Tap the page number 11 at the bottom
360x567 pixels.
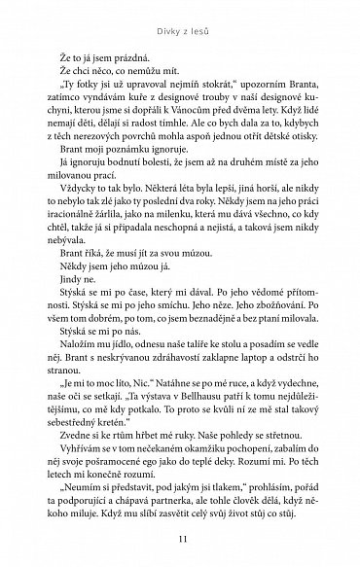pos(179,542)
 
